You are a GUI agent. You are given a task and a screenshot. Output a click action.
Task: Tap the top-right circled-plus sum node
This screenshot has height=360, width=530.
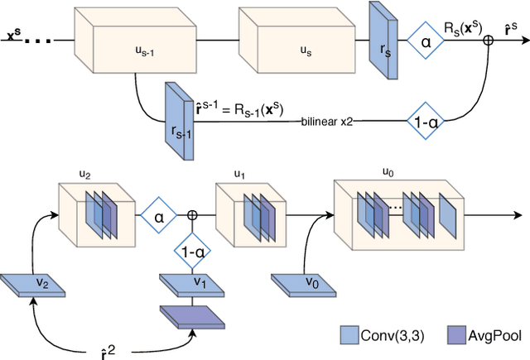[489, 38]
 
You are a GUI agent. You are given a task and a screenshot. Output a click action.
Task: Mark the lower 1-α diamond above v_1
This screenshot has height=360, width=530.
[192, 248]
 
